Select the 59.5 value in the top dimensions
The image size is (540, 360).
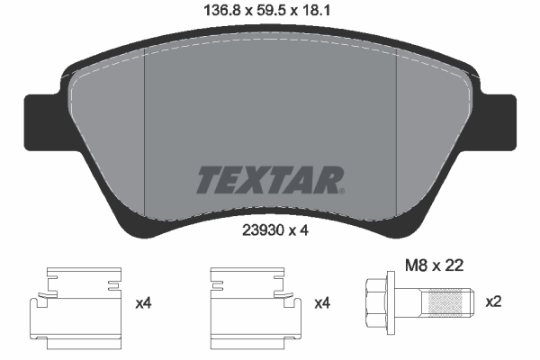(271, 12)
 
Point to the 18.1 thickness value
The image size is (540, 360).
(327, 12)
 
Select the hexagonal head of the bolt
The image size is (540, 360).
(378, 301)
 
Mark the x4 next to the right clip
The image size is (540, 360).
(321, 304)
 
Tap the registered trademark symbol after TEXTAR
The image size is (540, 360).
(340, 190)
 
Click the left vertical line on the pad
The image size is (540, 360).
(145, 135)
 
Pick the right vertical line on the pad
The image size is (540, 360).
(396, 135)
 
